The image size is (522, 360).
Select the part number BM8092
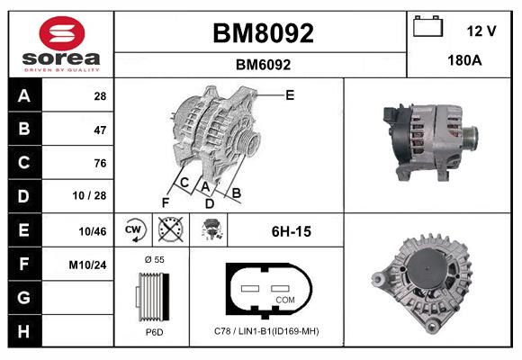point(262,33)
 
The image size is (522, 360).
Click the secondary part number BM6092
point(262,65)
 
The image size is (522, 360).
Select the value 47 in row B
point(100,130)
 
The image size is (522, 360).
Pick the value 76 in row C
point(100,163)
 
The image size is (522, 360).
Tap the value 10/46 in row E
point(94,231)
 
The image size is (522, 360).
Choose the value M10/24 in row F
point(89,265)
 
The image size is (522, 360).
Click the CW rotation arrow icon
point(134,230)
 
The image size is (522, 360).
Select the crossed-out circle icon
point(169,230)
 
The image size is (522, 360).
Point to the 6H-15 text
point(291,231)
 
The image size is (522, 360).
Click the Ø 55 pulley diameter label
point(153,259)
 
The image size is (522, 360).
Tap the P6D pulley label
point(153,331)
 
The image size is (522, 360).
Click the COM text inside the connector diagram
point(284,300)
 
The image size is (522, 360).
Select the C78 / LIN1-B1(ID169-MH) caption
point(266,331)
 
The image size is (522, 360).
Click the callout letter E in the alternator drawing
point(290,94)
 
